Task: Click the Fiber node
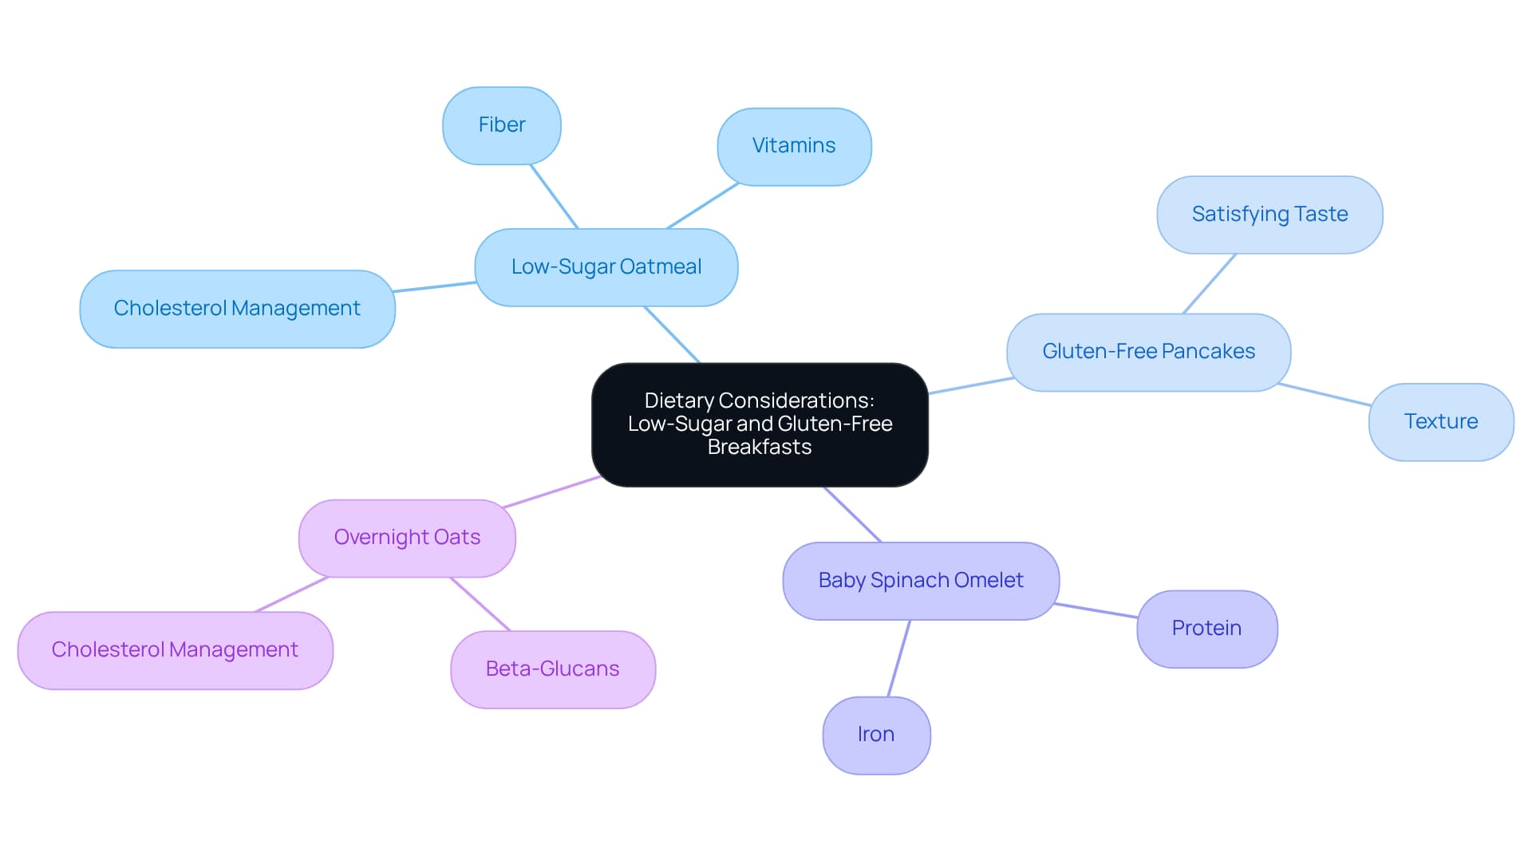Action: point(501,125)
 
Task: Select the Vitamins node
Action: point(793,146)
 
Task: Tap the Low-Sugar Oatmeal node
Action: point(606,267)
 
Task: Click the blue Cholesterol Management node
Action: point(237,309)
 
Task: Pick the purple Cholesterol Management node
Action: point(175,650)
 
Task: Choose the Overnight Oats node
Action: point(407,538)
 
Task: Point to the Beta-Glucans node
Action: point(552,669)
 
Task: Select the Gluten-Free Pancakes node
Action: point(1147,352)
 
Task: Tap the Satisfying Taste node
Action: point(1269,215)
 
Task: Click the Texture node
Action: point(1440,422)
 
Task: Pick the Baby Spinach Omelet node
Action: point(920,581)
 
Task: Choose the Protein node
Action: point(1206,629)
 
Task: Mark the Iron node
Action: point(875,735)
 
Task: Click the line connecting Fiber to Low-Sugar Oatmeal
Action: point(555,197)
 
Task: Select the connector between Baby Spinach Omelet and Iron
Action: point(898,659)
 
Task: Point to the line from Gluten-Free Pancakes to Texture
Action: point(1325,395)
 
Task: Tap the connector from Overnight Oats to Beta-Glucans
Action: point(480,604)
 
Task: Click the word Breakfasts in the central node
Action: point(759,448)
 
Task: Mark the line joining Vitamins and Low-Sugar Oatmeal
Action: point(702,206)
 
